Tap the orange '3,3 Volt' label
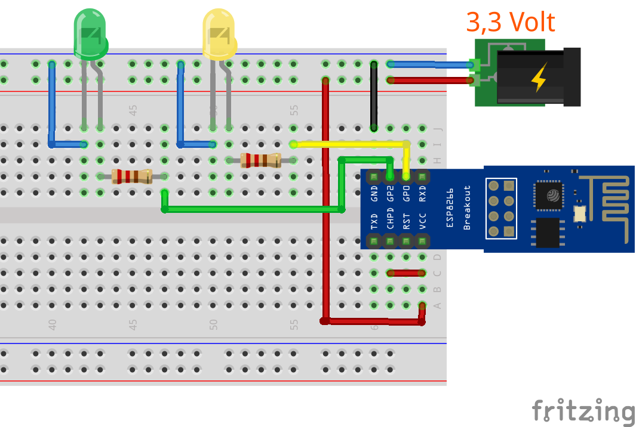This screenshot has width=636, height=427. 510,22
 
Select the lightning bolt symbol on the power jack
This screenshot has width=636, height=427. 539,77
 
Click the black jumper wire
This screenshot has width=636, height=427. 374,95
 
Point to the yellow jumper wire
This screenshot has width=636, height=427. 349,144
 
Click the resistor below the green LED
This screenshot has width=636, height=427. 132,176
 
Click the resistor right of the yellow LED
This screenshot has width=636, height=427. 260,160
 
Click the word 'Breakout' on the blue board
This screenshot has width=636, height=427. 467,207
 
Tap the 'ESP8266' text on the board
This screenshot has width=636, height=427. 451,207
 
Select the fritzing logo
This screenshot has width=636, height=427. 583,412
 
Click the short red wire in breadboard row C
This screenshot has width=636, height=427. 406,273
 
